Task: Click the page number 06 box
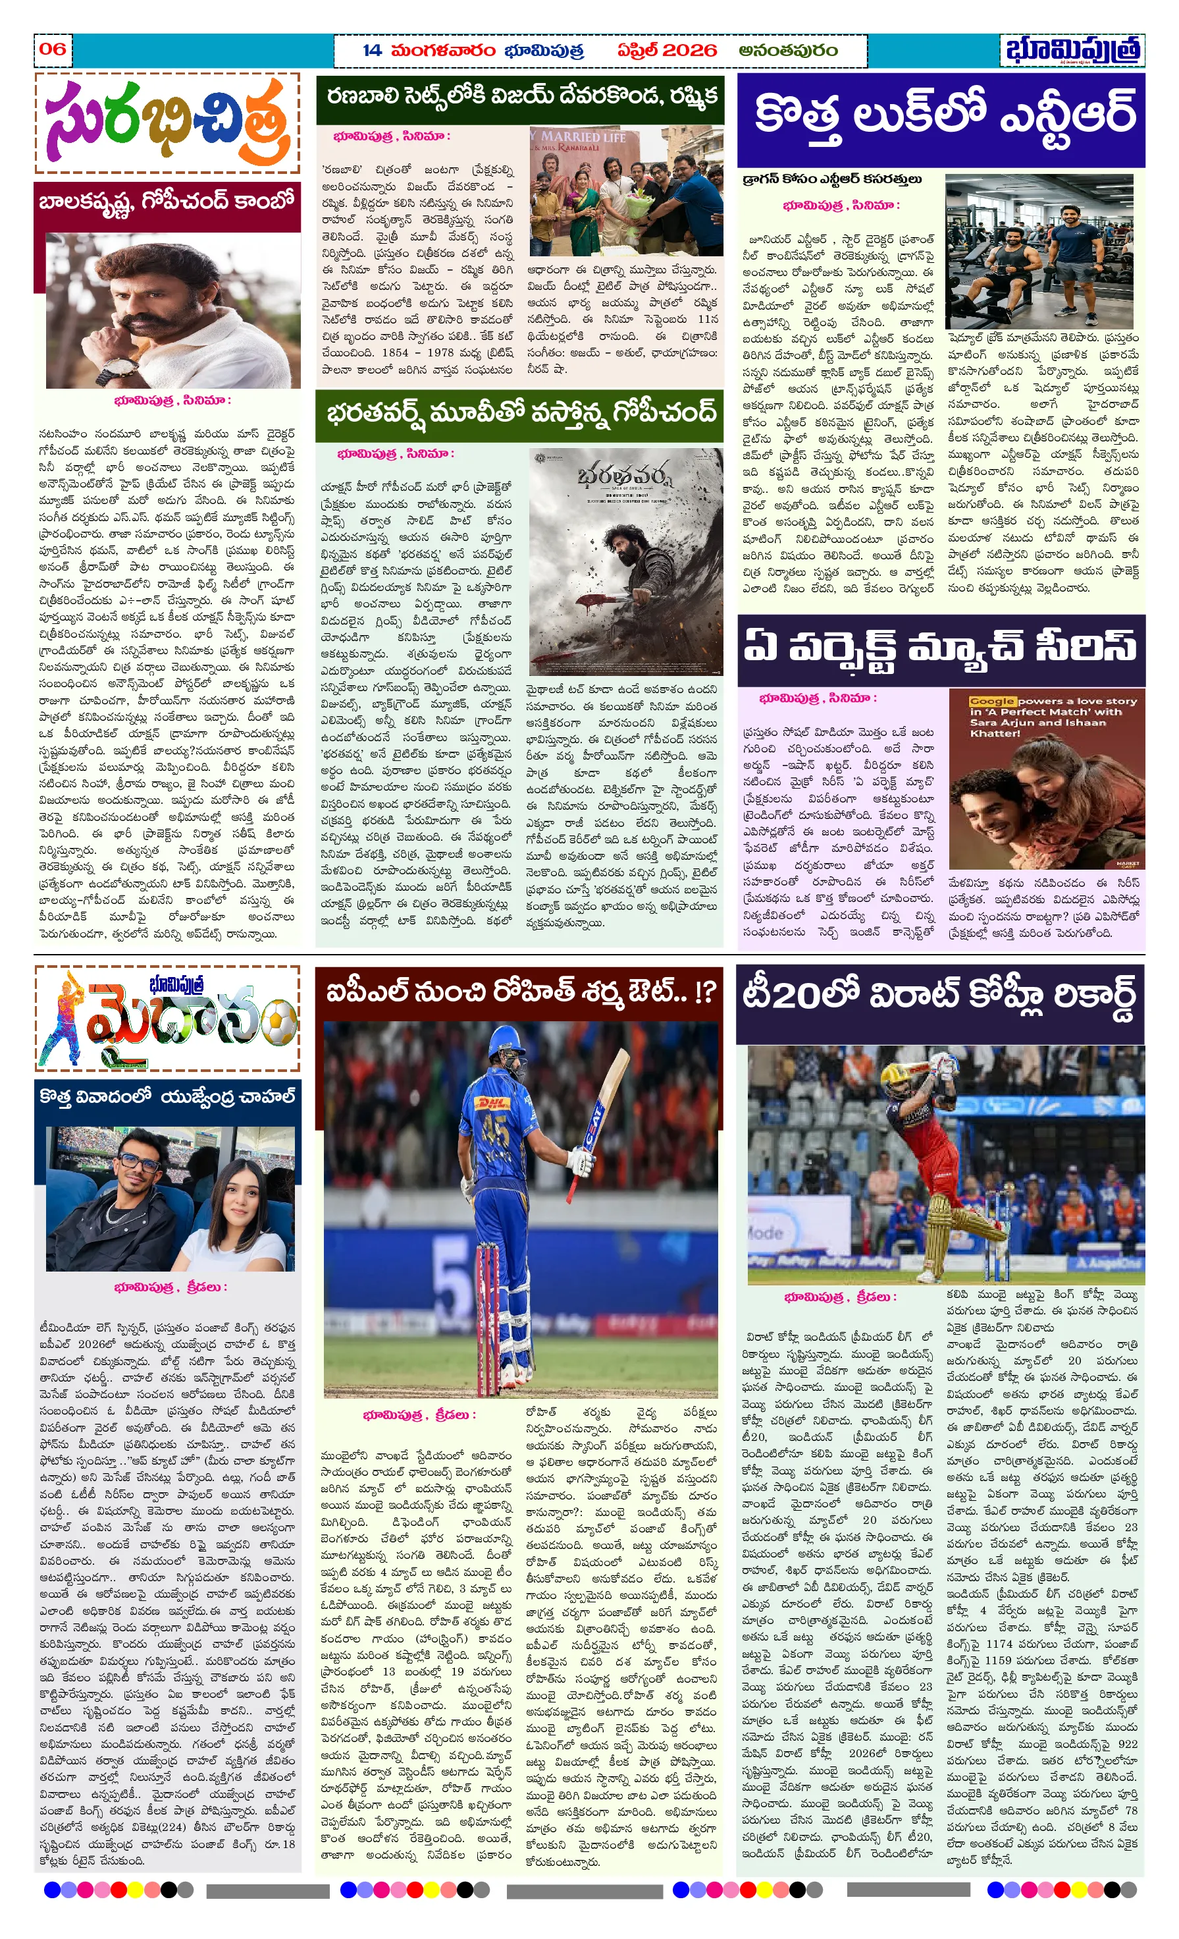pos(53,49)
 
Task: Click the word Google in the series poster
pos(992,701)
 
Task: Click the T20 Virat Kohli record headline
pos(940,996)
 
